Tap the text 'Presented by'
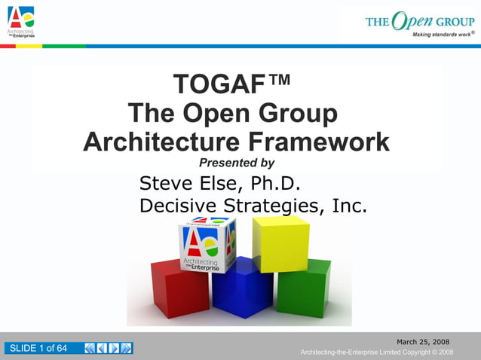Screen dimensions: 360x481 236,163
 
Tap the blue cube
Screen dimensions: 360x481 242,287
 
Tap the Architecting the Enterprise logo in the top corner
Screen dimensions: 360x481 21,20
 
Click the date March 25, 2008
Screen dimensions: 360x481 423,342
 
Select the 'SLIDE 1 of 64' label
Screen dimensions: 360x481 37,348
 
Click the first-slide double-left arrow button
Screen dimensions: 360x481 90,348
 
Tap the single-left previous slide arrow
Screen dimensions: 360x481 102,348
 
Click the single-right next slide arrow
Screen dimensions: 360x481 114,348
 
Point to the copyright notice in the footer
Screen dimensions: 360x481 376,352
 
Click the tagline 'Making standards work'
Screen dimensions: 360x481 442,35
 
